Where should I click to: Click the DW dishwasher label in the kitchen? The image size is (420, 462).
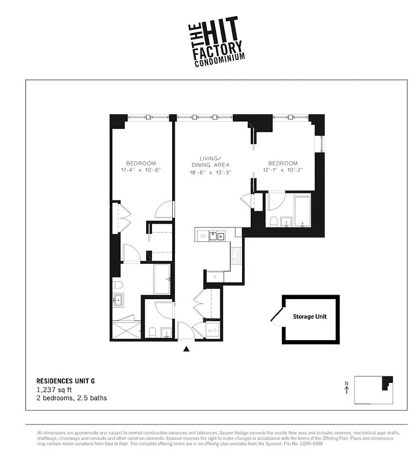[x=203, y=236]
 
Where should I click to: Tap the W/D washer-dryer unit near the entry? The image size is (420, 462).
[x=213, y=330]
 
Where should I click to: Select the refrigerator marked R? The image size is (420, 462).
[x=214, y=277]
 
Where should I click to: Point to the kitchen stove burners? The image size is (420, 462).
[x=236, y=255]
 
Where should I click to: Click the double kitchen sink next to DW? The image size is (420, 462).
[x=217, y=236]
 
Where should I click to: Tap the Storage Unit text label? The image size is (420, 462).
[x=309, y=317]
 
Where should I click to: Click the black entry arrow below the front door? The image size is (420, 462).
[x=186, y=349]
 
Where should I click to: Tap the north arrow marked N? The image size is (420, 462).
[x=345, y=388]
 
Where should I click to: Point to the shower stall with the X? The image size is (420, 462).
[x=126, y=330]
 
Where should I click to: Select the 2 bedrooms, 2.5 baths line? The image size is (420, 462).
[x=72, y=398]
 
